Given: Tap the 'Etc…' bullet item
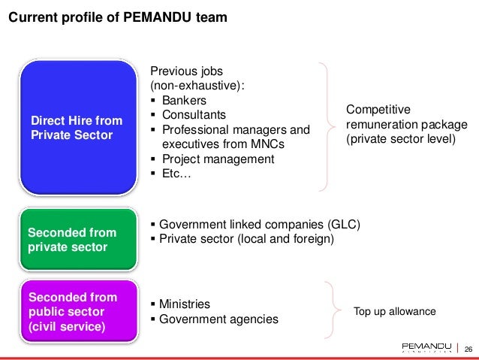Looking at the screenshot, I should [176, 174].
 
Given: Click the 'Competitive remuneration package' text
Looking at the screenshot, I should [406, 124].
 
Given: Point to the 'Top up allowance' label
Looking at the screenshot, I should [395, 311].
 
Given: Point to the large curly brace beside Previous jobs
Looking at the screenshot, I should [326, 126].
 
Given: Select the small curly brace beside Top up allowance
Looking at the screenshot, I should [333, 310].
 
